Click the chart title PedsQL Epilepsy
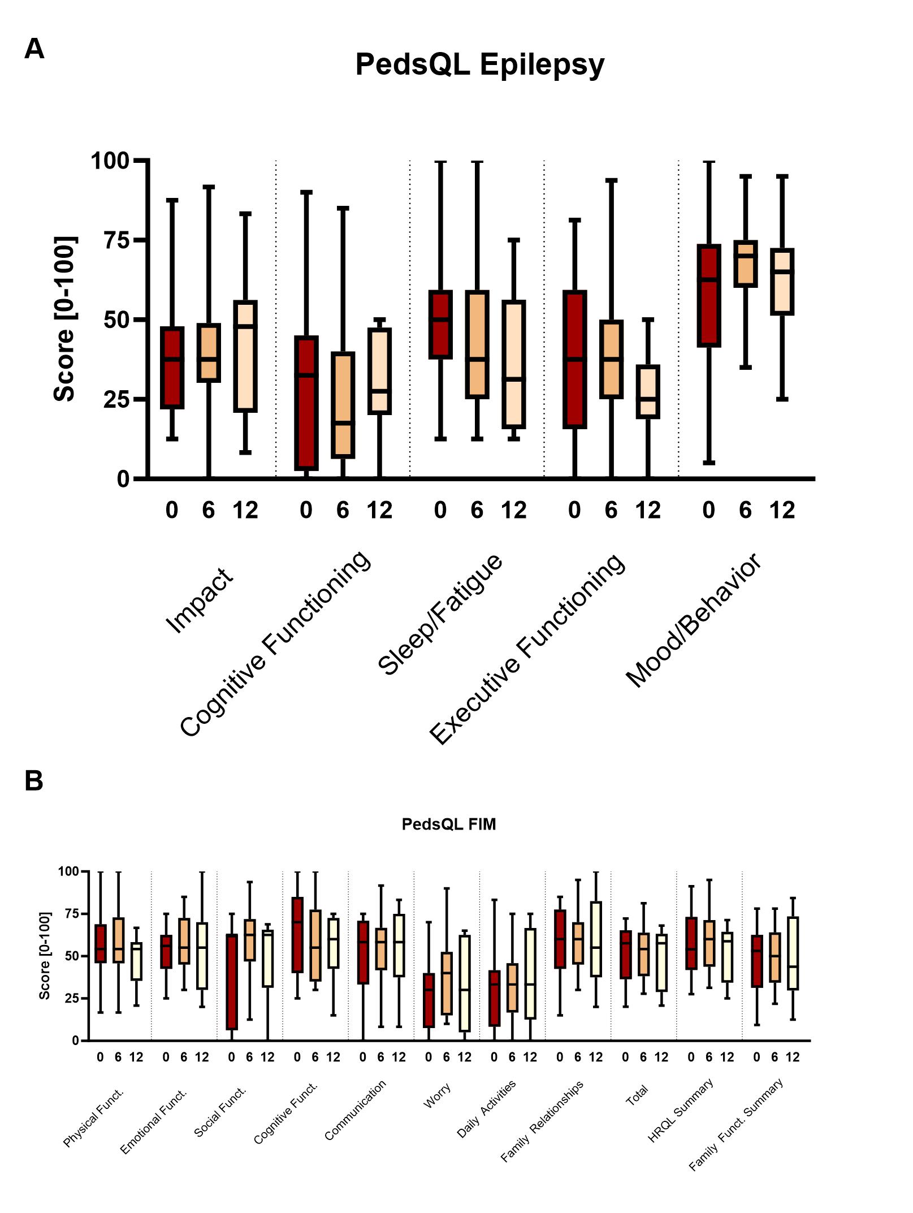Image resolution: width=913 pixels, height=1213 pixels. click(x=479, y=64)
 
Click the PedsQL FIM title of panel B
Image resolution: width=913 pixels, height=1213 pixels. click(x=448, y=824)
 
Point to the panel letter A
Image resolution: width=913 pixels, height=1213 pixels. click(x=34, y=49)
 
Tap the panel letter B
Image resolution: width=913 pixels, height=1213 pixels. click(x=34, y=781)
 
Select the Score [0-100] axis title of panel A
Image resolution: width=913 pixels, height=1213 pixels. click(x=64, y=320)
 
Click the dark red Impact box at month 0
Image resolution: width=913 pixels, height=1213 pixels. click(x=172, y=368)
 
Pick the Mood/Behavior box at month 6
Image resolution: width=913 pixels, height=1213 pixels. click(x=745, y=264)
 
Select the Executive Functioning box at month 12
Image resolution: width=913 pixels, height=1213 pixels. click(x=648, y=392)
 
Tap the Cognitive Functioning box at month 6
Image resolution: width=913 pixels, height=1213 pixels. click(x=343, y=404)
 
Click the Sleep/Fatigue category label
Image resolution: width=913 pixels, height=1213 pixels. click(x=440, y=615)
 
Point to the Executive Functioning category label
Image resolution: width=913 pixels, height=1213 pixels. click(x=527, y=649)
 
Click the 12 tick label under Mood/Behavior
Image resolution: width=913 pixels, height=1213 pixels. click(x=782, y=511)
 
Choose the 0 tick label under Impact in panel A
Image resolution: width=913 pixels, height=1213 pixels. click(x=172, y=511)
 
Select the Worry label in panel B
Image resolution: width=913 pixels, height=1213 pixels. click(x=437, y=1097)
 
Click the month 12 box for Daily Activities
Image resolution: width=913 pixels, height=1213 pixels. click(x=530, y=973)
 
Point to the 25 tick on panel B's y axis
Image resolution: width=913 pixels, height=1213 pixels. click(x=71, y=998)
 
